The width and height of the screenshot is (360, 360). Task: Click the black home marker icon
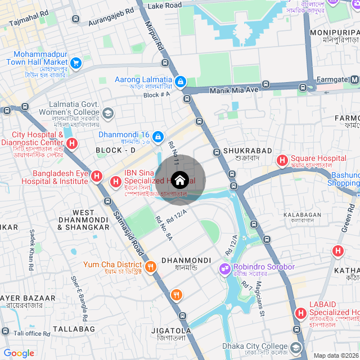[x=179, y=181]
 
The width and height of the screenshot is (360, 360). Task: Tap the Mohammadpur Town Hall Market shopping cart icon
[x=76, y=62]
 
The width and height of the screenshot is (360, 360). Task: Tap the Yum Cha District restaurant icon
[x=150, y=267]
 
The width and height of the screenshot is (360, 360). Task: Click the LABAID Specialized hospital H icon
[x=300, y=313]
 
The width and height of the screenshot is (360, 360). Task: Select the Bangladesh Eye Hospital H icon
[x=97, y=177]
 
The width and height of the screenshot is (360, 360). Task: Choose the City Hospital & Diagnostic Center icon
[x=71, y=143]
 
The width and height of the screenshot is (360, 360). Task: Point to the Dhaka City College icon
[x=296, y=346]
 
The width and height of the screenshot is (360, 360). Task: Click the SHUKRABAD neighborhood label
[x=247, y=151]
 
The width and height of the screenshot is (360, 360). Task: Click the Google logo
[x=19, y=353]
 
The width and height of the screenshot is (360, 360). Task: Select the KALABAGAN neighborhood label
[x=302, y=214]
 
